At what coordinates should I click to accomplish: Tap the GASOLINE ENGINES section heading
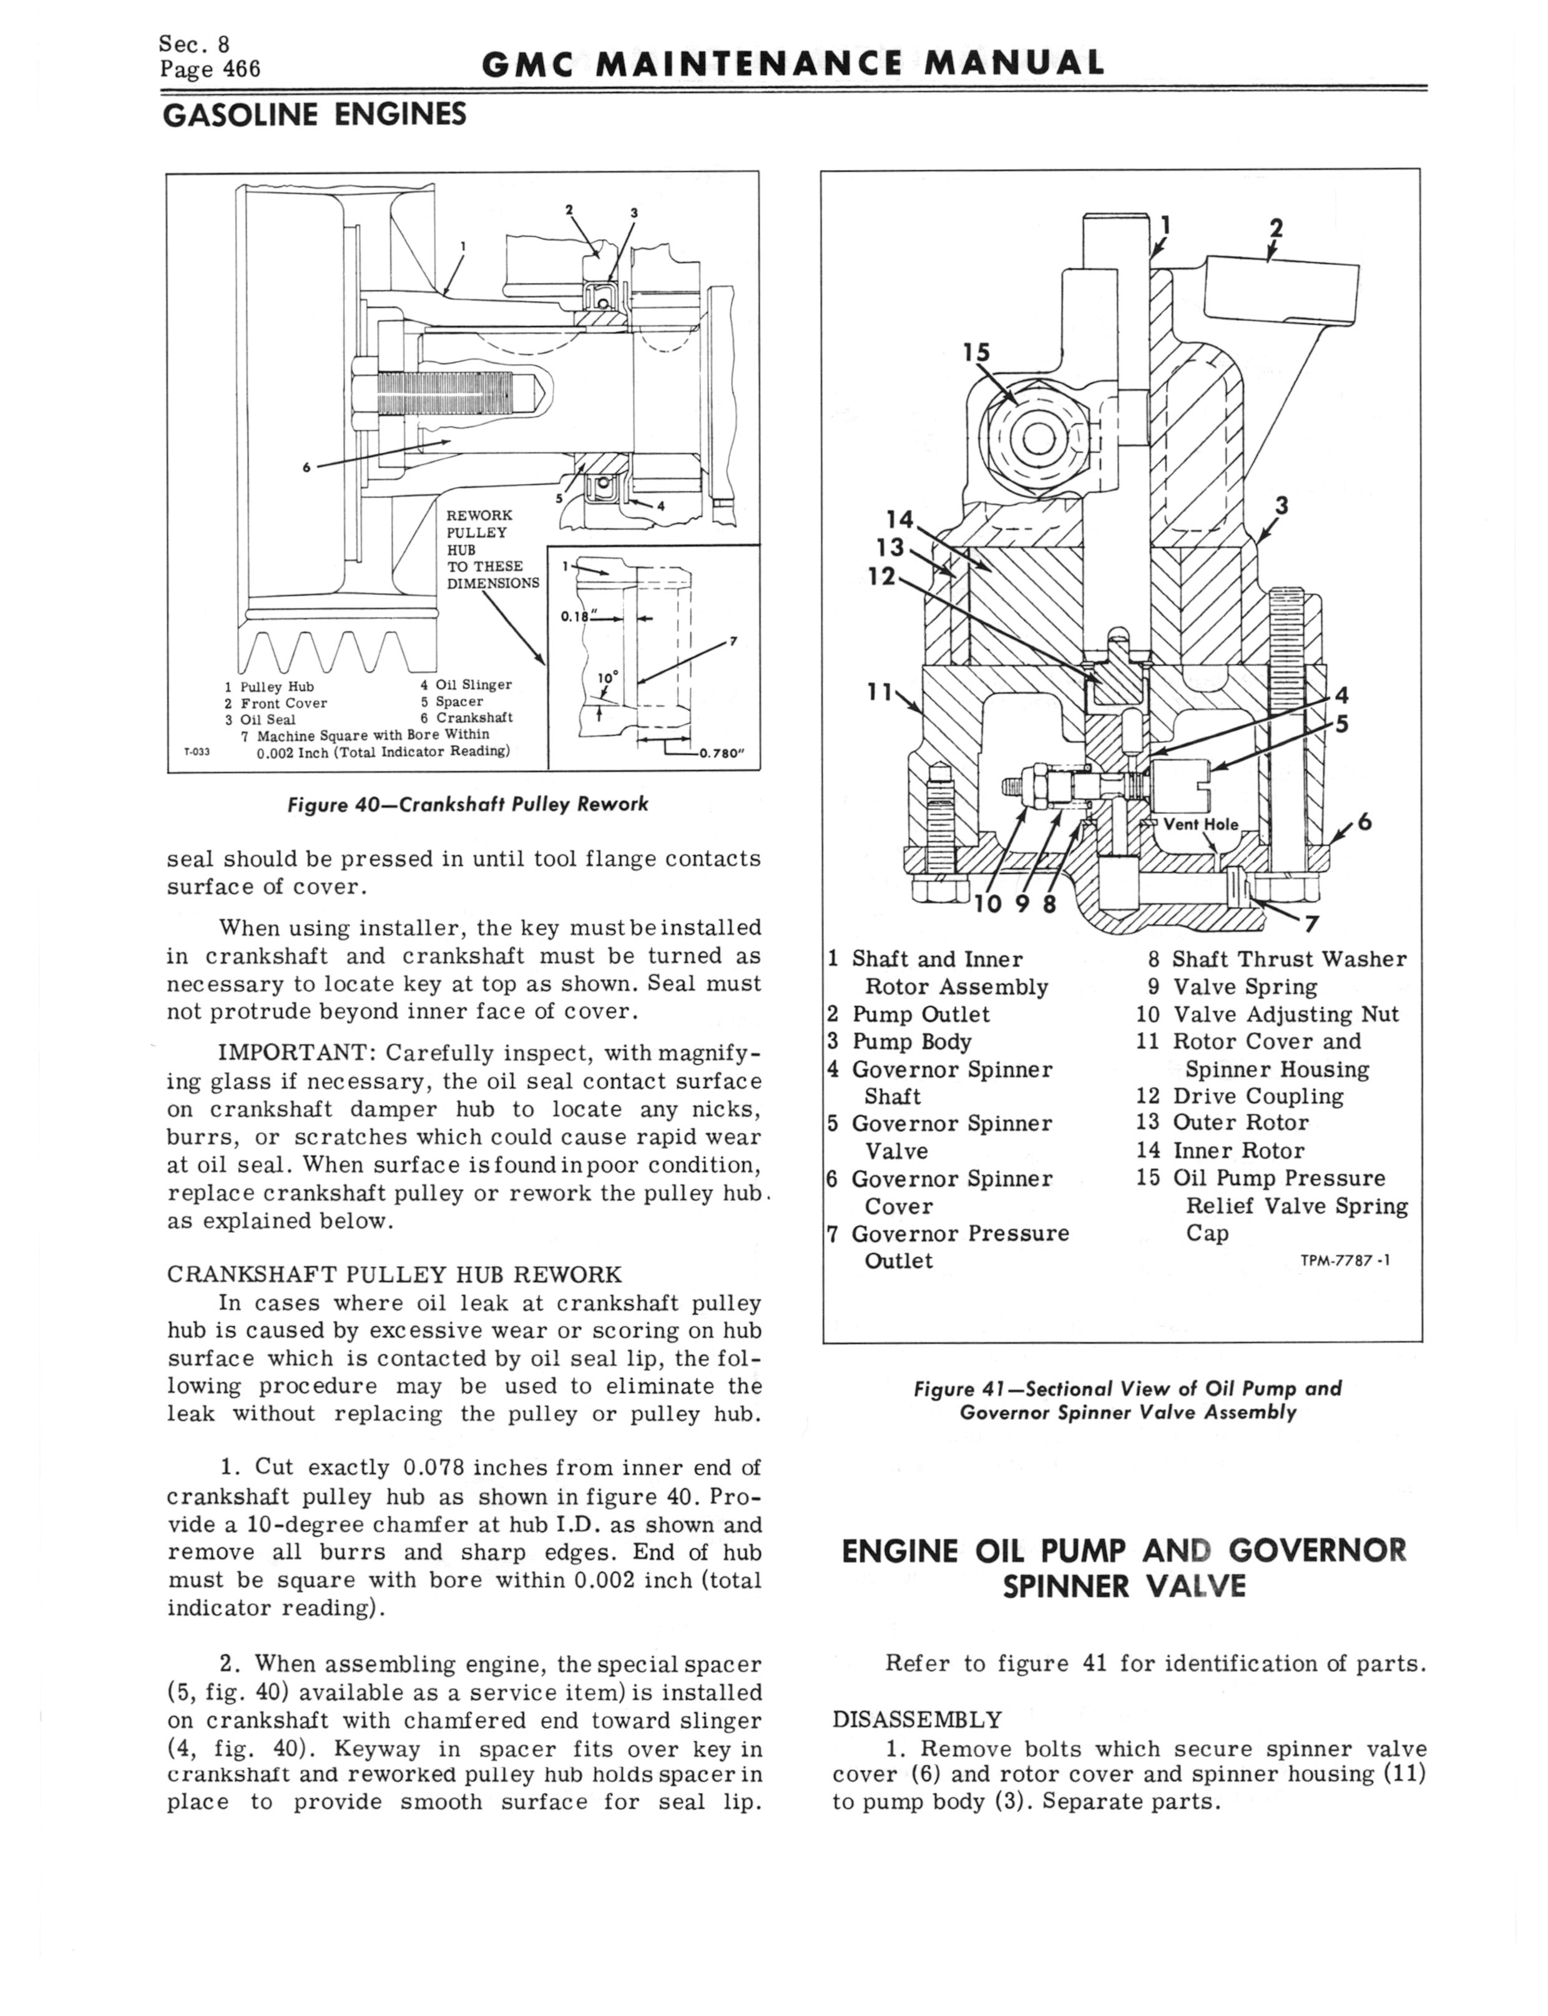coord(313,114)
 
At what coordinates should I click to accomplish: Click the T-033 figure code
coord(196,752)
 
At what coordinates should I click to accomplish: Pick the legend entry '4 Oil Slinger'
coord(465,685)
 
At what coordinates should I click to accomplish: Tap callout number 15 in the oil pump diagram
coord(976,352)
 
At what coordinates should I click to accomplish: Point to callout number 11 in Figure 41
coord(881,689)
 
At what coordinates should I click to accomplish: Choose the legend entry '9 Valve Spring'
coord(1232,987)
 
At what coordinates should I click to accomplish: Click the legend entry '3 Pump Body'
coord(899,1041)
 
